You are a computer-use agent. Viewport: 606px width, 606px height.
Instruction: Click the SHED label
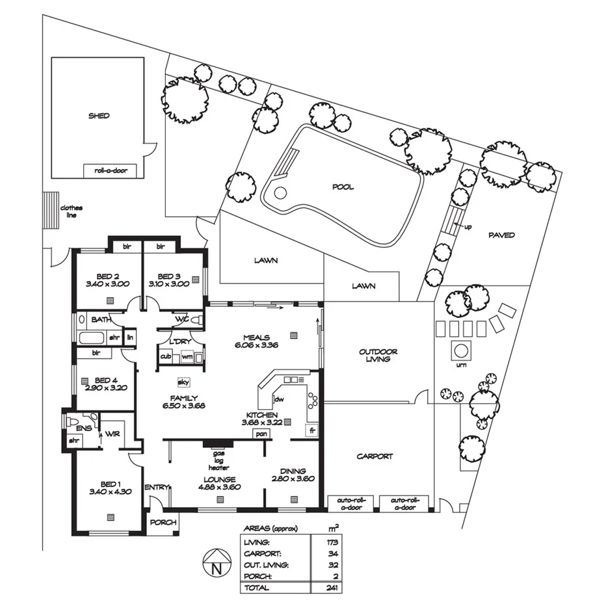click(x=99, y=116)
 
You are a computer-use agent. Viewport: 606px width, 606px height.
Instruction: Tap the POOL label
click(x=343, y=187)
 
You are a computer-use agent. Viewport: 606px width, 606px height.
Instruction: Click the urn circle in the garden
click(x=461, y=350)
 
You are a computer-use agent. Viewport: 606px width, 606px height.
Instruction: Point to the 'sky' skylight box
click(x=182, y=383)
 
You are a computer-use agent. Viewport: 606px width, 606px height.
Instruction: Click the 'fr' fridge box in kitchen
click(x=312, y=430)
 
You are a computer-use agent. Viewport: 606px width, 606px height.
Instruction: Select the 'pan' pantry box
click(x=261, y=434)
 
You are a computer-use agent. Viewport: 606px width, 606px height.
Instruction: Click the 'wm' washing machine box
click(x=187, y=356)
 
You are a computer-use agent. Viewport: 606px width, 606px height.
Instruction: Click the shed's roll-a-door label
click(x=111, y=170)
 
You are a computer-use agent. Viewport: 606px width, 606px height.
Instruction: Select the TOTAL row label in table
click(x=256, y=587)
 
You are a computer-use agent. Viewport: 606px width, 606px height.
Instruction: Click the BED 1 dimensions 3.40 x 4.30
click(x=110, y=492)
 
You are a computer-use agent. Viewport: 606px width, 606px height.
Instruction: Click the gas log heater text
click(x=215, y=459)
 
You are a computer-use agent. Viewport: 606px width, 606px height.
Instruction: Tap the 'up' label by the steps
click(x=468, y=227)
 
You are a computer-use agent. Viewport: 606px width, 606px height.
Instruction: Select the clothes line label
click(x=72, y=211)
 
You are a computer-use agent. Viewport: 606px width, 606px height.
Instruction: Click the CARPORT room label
click(x=375, y=456)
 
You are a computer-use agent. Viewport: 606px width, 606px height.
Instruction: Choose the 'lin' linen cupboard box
click(x=130, y=337)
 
